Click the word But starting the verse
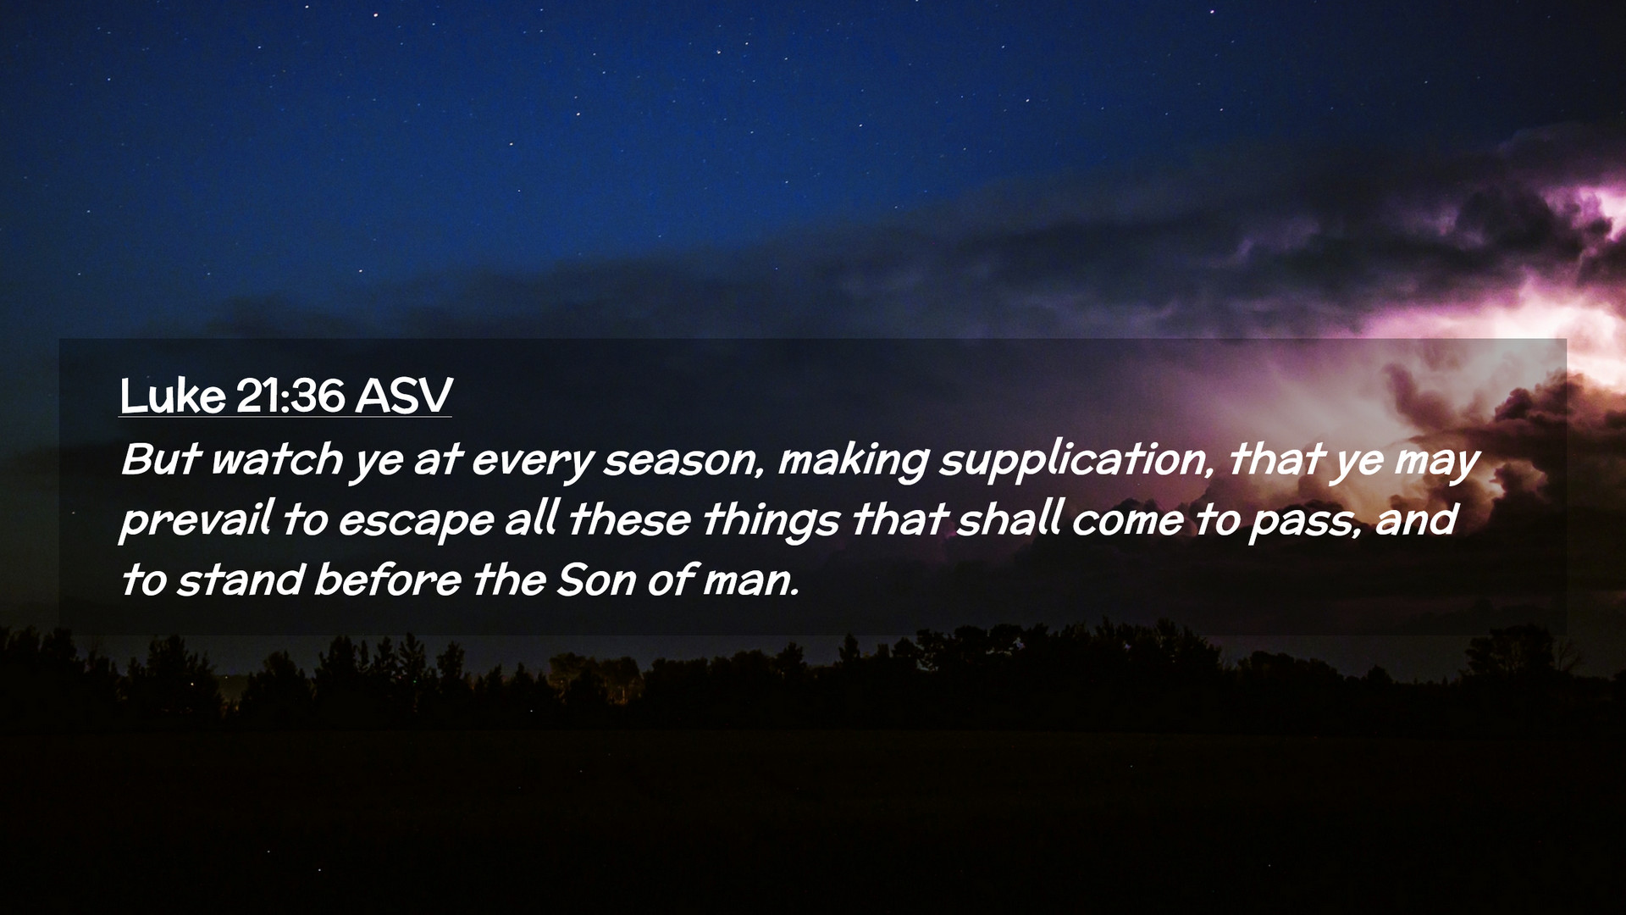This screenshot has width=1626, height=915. tap(161, 459)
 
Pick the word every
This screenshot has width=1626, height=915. tap(533, 463)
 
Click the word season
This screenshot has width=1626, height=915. tap(678, 461)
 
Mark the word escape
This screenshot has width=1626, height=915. tap(416, 523)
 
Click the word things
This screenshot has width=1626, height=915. tap(771, 521)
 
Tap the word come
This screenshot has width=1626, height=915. tap(1127, 521)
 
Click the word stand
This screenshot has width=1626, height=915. tap(240, 580)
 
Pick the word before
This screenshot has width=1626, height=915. tap(388, 580)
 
